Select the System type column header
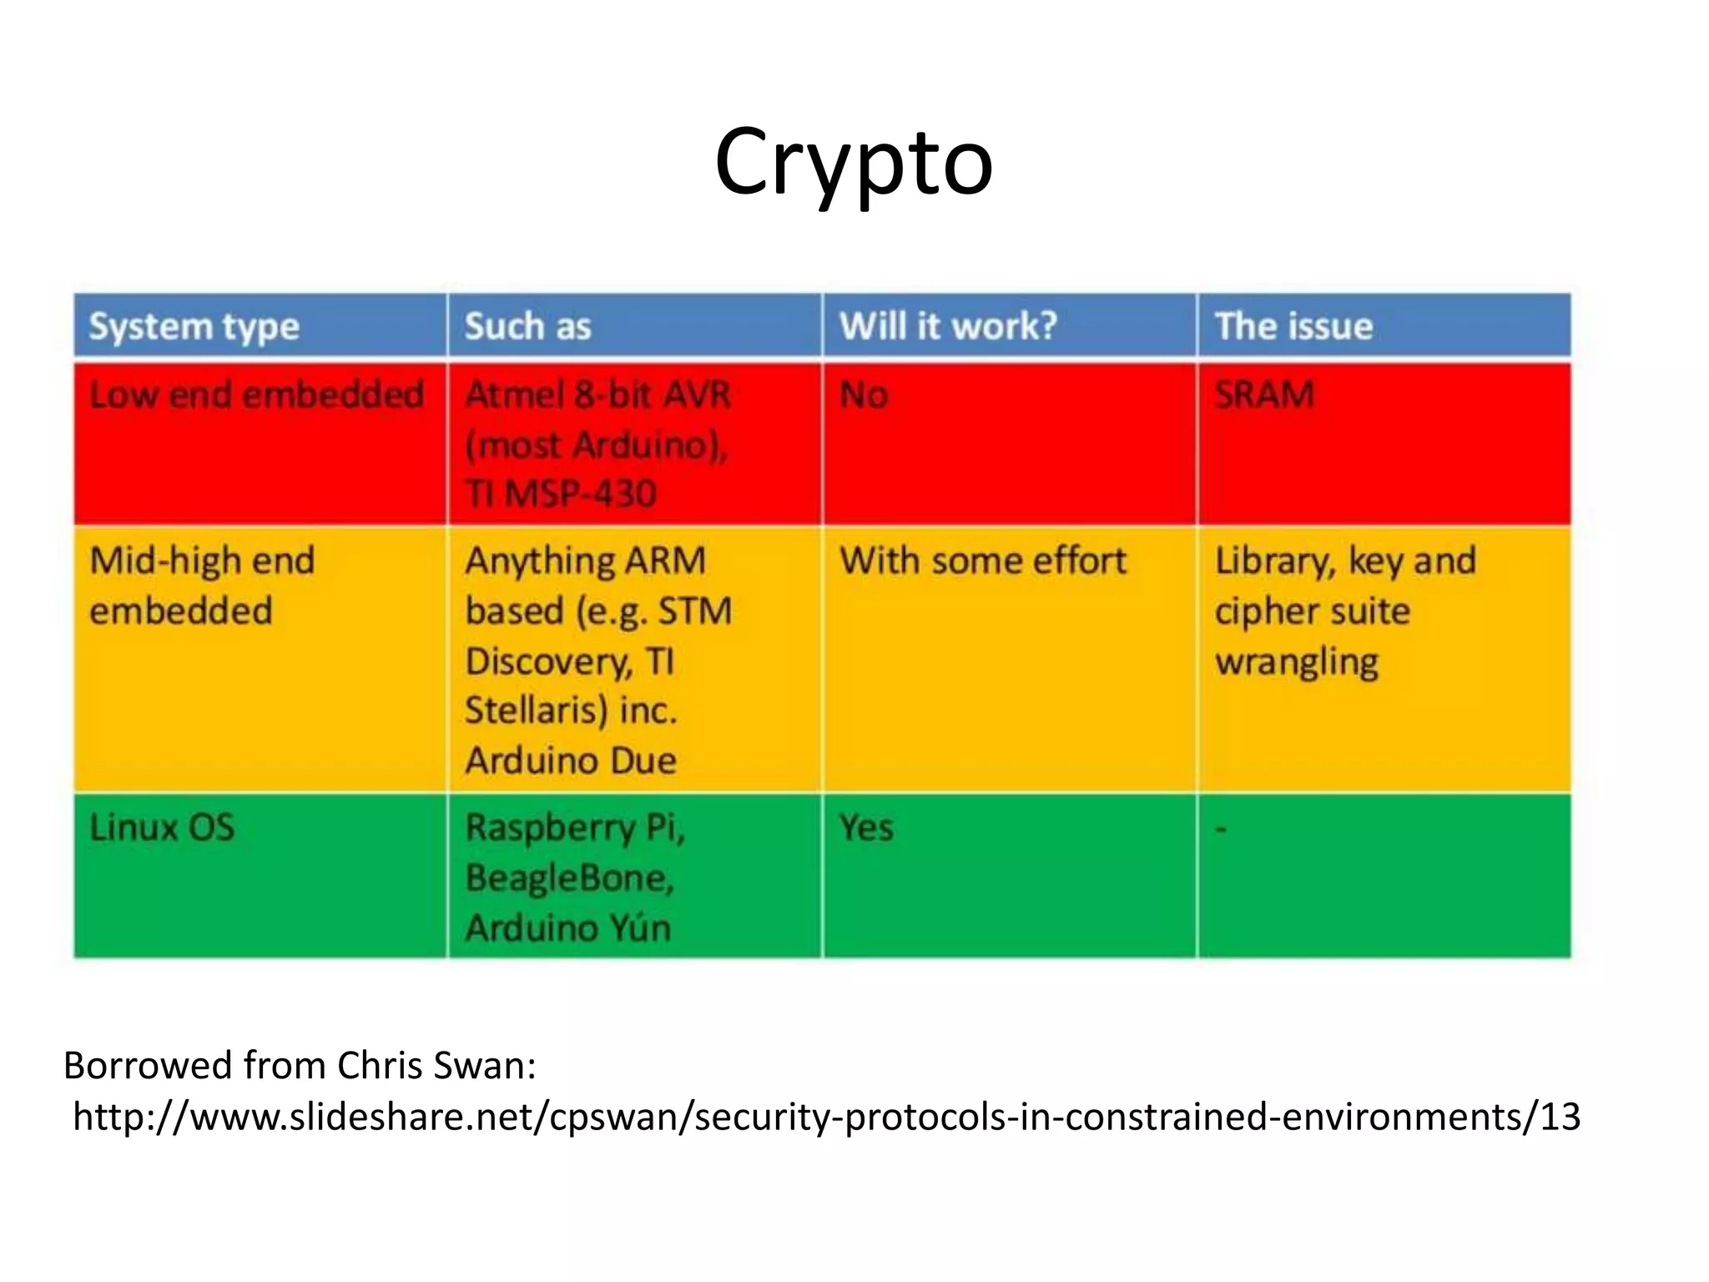[x=194, y=326]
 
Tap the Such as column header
[x=527, y=326]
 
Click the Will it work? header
[x=948, y=326]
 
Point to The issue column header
[x=1293, y=326]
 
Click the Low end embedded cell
[x=256, y=395]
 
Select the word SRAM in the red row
[x=1264, y=395]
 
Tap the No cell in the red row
[x=864, y=395]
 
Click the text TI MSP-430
[x=561, y=493]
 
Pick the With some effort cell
[x=983, y=561]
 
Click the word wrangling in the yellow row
[x=1297, y=662]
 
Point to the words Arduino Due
[x=571, y=760]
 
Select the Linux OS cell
[x=162, y=828]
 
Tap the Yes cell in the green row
[x=866, y=828]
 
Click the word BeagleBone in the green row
[x=567, y=878]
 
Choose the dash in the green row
[x=1221, y=829]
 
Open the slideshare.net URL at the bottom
[x=826, y=1117]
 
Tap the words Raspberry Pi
[x=574, y=828]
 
